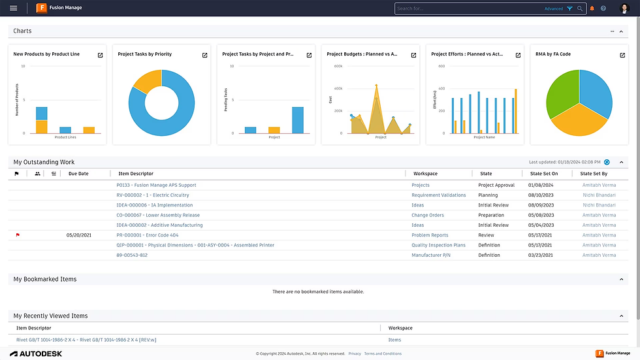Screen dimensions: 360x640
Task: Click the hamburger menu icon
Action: pyautogui.click(x=13, y=8)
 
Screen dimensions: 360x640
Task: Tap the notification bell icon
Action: pyautogui.click(x=592, y=8)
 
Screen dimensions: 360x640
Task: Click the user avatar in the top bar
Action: pyautogui.click(x=624, y=8)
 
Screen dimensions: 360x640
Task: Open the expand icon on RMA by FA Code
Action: pyautogui.click(x=622, y=55)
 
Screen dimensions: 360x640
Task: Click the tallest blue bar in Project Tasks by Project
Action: pyautogui.click(x=298, y=120)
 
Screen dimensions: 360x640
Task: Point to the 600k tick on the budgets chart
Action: pyautogui.click(x=338, y=66)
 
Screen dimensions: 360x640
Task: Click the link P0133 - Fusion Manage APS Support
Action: pyautogui.click(x=156, y=185)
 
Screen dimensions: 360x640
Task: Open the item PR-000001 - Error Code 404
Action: pyautogui.click(x=147, y=235)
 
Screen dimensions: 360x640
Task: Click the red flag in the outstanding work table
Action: pyautogui.click(x=18, y=235)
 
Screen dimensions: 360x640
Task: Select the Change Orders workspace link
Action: pyautogui.click(x=427, y=215)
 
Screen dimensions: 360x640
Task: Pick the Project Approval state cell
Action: pyautogui.click(x=496, y=185)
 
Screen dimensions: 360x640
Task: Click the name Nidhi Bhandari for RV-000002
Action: pyautogui.click(x=599, y=195)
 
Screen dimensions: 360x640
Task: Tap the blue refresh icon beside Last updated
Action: pyautogui.click(x=607, y=162)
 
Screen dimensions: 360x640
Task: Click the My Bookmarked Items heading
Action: pyautogui.click(x=45, y=279)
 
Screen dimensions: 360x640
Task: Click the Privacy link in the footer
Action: pyautogui.click(x=355, y=353)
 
